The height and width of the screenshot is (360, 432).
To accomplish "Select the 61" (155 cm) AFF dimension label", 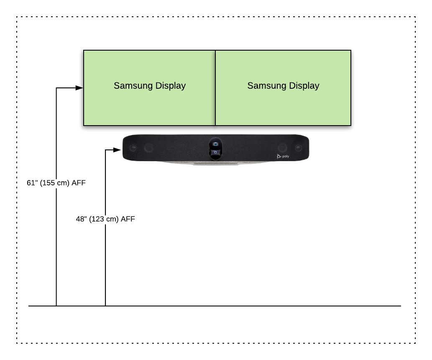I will pyautogui.click(x=56, y=183).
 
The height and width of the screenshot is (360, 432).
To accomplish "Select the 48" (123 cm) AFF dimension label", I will pyautogui.click(x=105, y=219).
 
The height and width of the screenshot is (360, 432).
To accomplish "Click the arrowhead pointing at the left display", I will pyautogui.click(x=79, y=88).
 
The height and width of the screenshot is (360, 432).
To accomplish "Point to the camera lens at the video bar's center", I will pyautogui.click(x=215, y=144).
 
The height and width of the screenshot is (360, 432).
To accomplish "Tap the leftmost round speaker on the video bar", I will pyautogui.click(x=133, y=148).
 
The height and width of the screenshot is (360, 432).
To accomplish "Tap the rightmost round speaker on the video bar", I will pyautogui.click(x=298, y=148).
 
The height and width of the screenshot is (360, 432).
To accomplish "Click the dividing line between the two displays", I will pyautogui.click(x=215, y=88).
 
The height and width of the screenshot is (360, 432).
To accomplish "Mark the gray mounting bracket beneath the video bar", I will pyautogui.click(x=216, y=163).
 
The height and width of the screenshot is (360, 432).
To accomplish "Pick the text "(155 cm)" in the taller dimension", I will pyautogui.click(x=54, y=183).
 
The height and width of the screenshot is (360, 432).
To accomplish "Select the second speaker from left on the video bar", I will pyautogui.click(x=148, y=148).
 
